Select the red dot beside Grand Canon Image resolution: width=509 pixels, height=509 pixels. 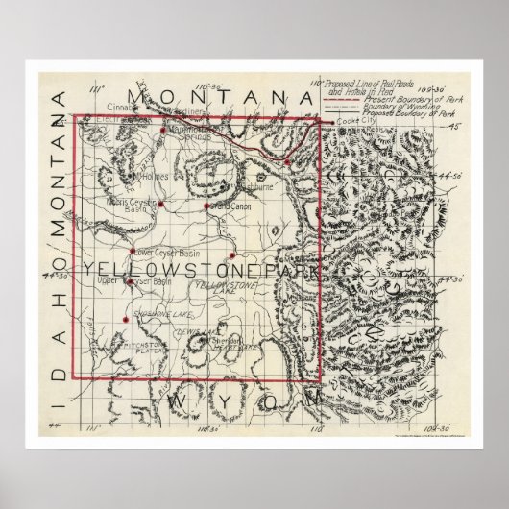point(206,205)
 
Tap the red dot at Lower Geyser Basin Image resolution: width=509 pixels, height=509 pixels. point(133,252)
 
